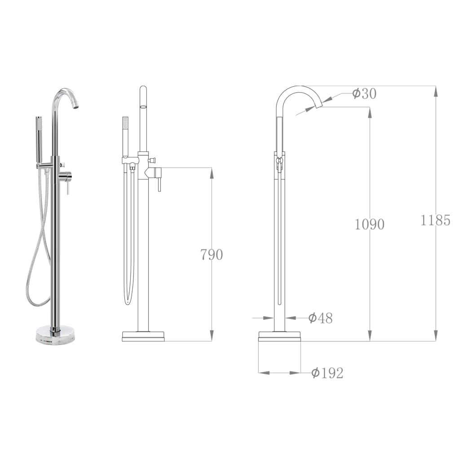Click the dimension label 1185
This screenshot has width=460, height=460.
(x=435, y=221)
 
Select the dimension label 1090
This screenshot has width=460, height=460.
(x=369, y=224)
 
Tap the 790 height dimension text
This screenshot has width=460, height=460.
(x=211, y=255)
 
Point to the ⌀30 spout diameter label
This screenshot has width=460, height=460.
(x=364, y=94)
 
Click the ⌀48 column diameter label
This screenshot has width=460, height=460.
(x=320, y=318)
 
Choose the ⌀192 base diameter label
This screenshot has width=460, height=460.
(x=327, y=373)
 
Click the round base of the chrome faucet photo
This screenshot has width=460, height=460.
(x=55, y=335)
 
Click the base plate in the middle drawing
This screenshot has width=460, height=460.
(x=143, y=336)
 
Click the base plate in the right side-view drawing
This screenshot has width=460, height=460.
(x=279, y=336)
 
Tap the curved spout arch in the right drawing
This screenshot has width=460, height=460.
(x=296, y=88)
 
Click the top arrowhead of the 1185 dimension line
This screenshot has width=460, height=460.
(x=435, y=90)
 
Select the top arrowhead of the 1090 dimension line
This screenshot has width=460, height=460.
(x=370, y=112)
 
